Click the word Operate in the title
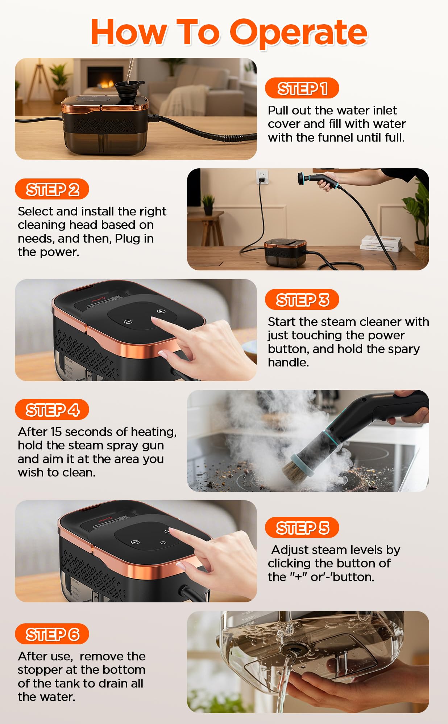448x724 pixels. click(x=299, y=33)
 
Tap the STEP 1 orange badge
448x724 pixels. click(x=302, y=88)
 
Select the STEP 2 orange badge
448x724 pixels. click(x=52, y=189)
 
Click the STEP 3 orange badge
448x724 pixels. click(x=302, y=300)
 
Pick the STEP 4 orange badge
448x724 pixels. click(x=52, y=410)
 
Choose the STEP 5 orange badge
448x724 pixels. click(x=302, y=528)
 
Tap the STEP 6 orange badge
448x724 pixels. click(x=52, y=634)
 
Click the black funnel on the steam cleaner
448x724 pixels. click(x=128, y=89)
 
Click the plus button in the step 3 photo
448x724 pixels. click(x=161, y=311)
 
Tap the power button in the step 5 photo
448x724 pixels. click(x=163, y=543)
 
